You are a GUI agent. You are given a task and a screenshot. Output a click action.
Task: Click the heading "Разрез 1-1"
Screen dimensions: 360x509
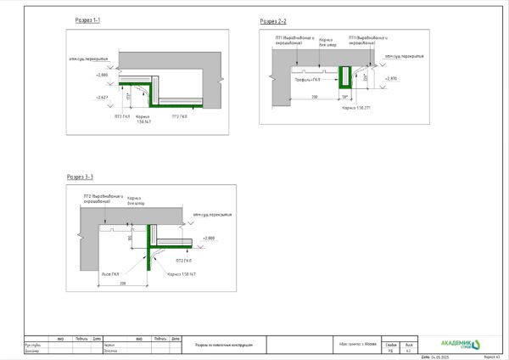(88, 20)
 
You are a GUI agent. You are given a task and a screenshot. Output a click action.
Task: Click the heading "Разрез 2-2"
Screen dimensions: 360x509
(273, 20)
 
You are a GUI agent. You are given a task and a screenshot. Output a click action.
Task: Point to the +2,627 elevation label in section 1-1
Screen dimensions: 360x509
(103, 98)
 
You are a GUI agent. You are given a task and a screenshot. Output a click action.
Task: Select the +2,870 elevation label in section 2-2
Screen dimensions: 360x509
(390, 78)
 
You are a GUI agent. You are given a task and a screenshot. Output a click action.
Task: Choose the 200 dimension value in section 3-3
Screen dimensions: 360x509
(123, 281)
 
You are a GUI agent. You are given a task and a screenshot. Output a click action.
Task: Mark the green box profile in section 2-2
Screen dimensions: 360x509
(345, 79)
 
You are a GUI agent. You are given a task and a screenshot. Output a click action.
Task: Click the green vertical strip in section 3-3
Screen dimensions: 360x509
(151, 247)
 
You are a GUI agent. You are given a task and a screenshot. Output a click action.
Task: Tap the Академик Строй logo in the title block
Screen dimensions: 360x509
(459, 343)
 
